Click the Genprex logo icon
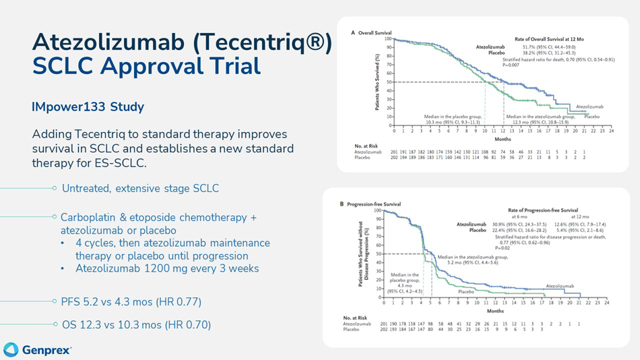(11, 349)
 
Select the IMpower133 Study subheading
(88, 107)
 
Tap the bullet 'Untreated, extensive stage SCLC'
(140, 188)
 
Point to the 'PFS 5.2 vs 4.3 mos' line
(131, 301)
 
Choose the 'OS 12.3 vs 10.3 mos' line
(136, 325)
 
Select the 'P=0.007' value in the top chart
(514, 65)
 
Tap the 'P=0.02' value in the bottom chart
(503, 247)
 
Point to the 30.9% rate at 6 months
(499, 224)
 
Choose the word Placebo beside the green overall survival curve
(591, 117)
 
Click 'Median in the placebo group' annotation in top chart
(453, 117)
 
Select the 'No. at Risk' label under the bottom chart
(354, 317)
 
